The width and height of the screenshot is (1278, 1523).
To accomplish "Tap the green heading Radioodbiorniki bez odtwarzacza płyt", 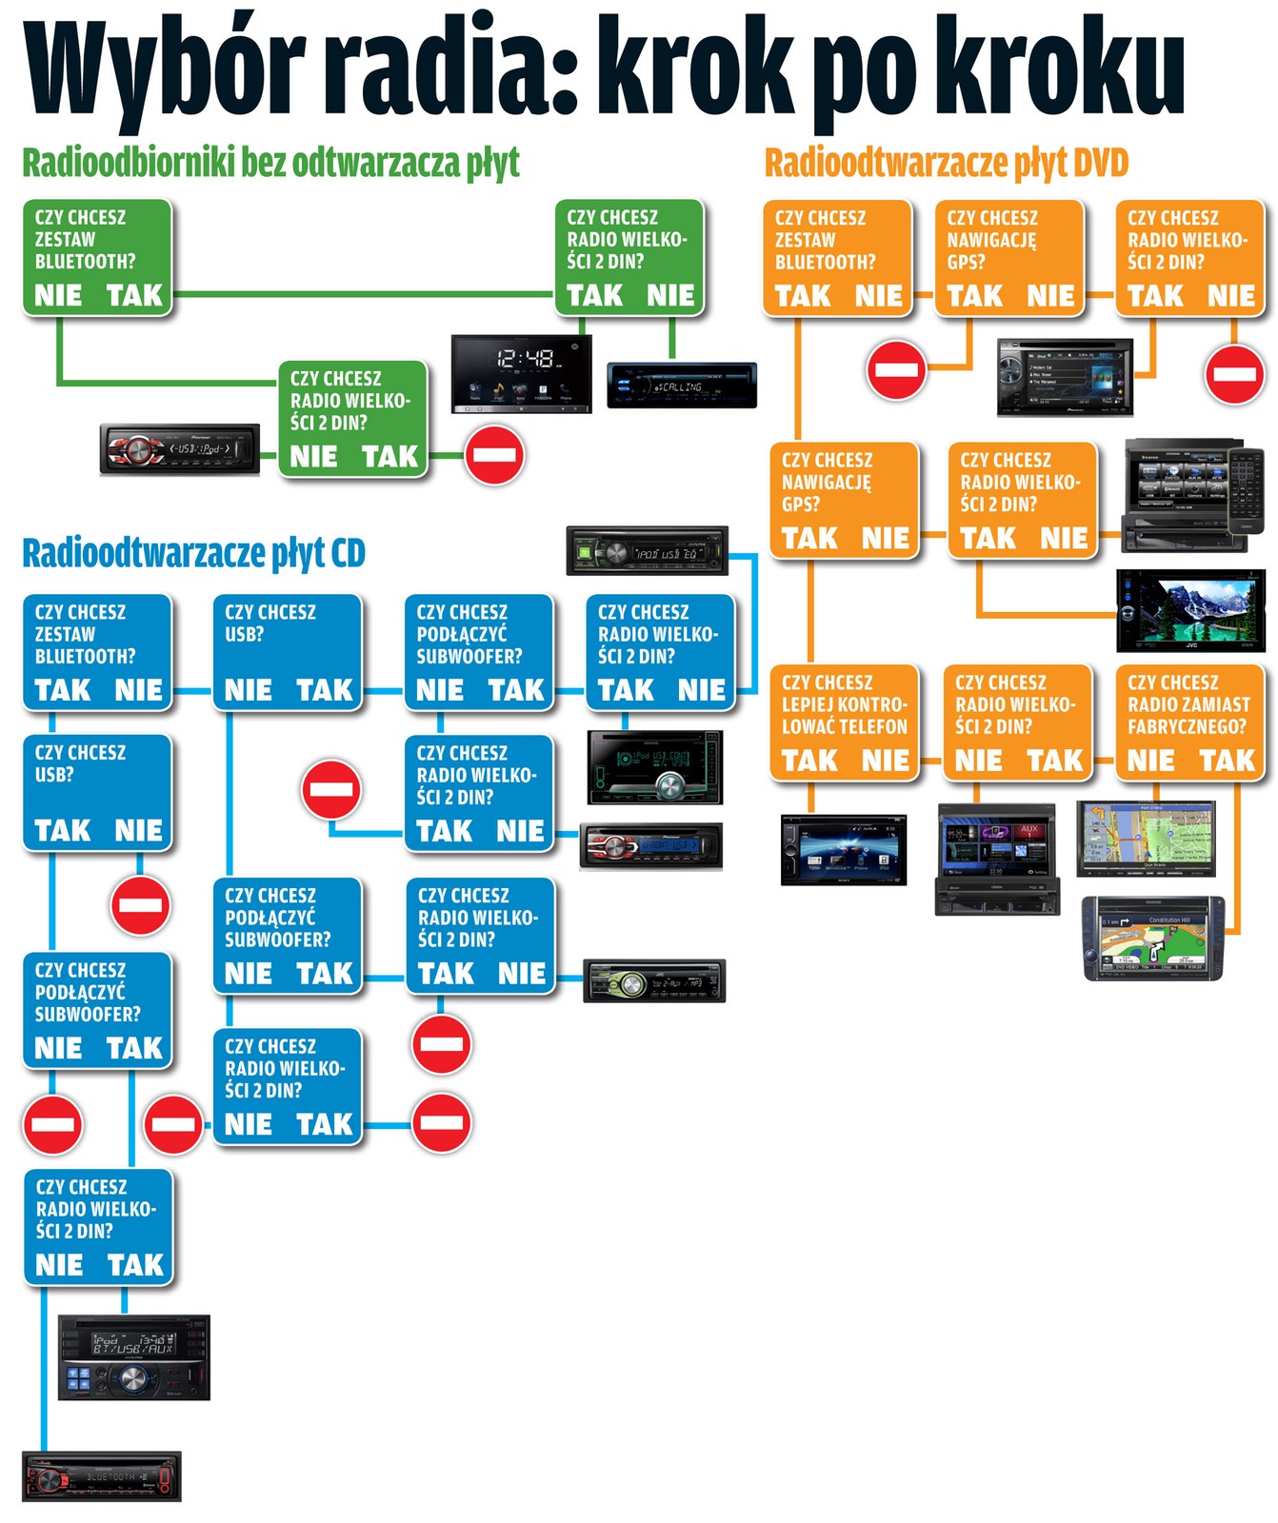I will click(x=270, y=164).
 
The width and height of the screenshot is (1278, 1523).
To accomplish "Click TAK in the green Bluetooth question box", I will click(x=134, y=296).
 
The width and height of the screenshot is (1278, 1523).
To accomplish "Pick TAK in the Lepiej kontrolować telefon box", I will click(x=809, y=761).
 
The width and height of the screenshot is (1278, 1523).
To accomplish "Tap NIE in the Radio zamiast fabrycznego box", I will click(x=1150, y=761).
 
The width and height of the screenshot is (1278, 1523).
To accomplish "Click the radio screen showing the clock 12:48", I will click(x=521, y=372).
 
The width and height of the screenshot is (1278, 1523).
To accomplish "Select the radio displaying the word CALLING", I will click(x=682, y=386).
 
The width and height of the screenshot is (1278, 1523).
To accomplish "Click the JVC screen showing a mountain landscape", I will click(x=1190, y=610).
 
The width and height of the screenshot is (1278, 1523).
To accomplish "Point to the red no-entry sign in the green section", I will click(x=494, y=455).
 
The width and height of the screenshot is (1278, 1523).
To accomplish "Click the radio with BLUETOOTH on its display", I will click(x=101, y=1476).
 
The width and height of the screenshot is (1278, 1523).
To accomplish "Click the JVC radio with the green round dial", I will click(x=654, y=980).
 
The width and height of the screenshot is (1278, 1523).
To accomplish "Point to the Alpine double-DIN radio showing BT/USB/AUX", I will click(x=133, y=1357).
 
